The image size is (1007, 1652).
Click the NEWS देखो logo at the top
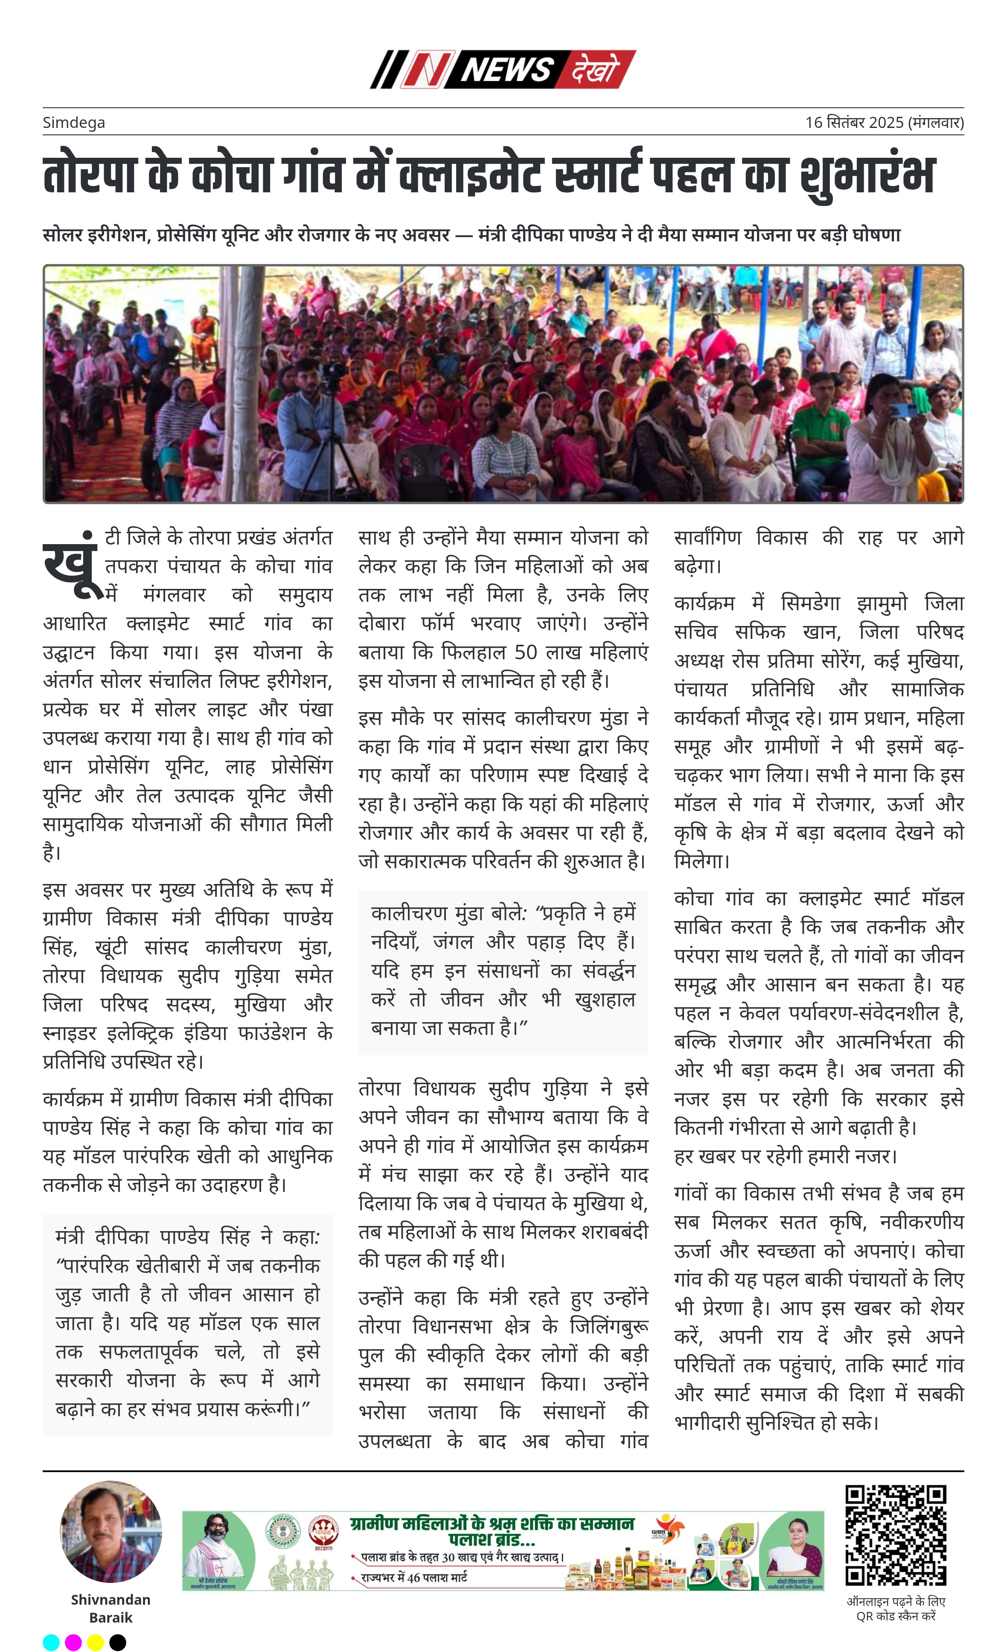503,69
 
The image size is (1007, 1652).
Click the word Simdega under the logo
74,123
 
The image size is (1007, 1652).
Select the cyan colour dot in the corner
51,1642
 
